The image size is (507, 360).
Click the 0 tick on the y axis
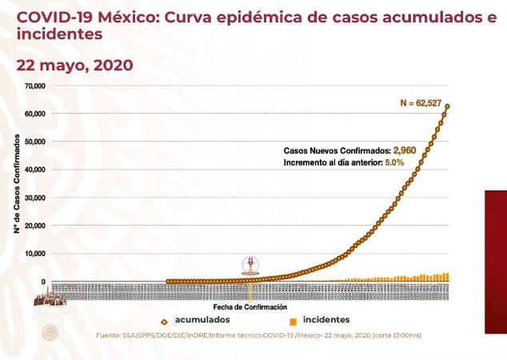click(45, 282)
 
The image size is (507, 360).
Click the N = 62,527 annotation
click(425, 102)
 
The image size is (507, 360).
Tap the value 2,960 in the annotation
click(405, 150)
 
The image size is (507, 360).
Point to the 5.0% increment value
click(395, 162)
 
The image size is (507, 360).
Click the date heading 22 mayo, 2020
click(75, 64)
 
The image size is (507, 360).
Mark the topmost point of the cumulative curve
click(448, 106)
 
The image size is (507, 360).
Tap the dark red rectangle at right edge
click(495, 262)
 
